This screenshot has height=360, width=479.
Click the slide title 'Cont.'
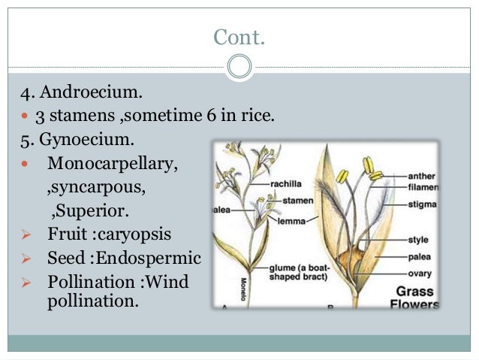(239, 36)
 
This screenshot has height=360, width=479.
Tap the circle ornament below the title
(239, 67)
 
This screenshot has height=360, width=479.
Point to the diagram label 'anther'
(423, 175)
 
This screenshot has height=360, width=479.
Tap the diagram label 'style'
(418, 241)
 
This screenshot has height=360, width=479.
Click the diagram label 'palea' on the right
(419, 257)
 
